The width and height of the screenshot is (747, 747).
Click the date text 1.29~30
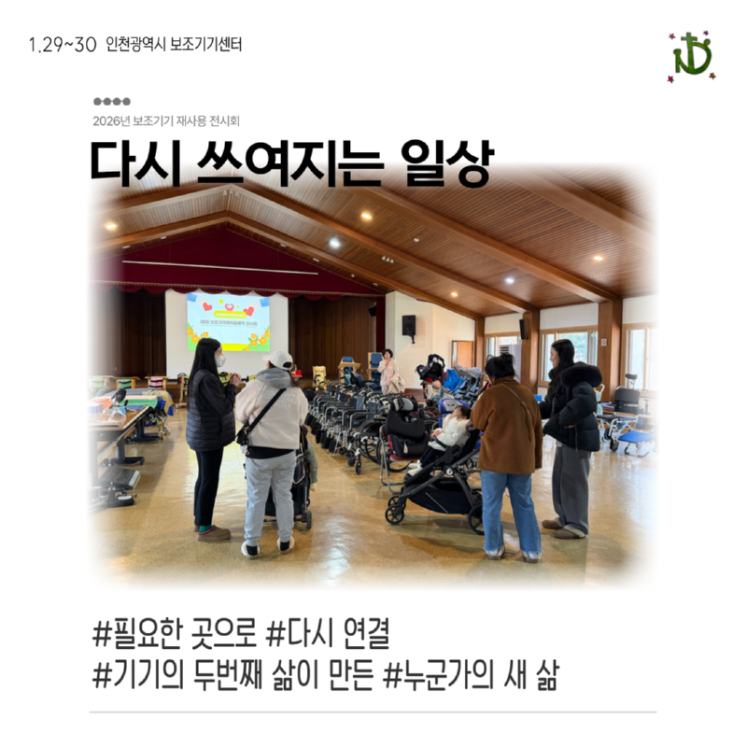(x=63, y=45)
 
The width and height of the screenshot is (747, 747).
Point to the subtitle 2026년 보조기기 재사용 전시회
(x=173, y=120)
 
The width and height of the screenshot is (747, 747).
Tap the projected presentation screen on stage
(x=228, y=321)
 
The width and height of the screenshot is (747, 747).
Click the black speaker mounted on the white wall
(x=408, y=325)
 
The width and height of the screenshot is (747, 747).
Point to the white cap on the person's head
(x=279, y=359)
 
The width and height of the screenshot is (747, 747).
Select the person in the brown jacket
(x=507, y=448)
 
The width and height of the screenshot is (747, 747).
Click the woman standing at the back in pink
(x=388, y=371)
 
